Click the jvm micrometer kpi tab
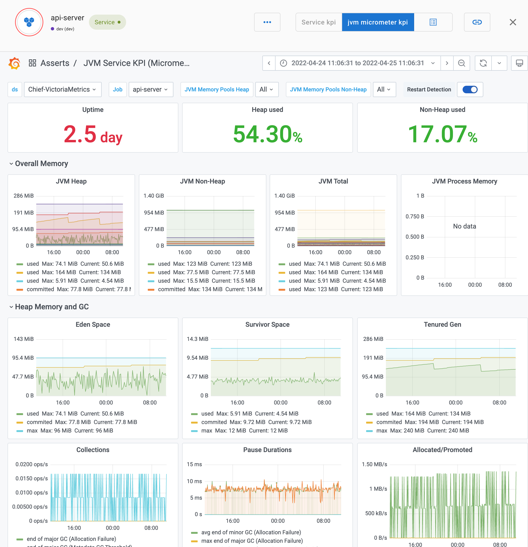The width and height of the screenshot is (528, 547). [377, 22]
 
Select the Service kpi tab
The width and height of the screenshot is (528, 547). [319, 22]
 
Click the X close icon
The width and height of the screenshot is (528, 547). [513, 22]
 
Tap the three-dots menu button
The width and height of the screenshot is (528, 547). [267, 22]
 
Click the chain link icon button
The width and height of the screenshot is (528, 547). [477, 22]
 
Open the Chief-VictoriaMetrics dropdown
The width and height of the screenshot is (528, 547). [62, 89]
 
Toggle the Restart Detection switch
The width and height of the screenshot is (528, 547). [470, 89]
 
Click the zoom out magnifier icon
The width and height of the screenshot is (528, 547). [461, 63]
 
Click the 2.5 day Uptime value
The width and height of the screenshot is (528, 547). [93, 135]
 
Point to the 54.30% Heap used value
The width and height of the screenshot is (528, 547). [267, 135]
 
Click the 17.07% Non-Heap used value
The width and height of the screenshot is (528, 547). [442, 135]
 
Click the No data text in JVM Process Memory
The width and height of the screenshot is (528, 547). [464, 226]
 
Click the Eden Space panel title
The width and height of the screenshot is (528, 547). [93, 324]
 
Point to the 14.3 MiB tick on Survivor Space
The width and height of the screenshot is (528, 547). [197, 339]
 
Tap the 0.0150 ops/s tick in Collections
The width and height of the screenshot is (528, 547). [32, 478]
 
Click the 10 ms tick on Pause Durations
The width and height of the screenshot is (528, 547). [194, 481]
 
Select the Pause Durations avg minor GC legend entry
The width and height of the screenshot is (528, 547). [251, 532]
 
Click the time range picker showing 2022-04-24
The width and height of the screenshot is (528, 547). [358, 63]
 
